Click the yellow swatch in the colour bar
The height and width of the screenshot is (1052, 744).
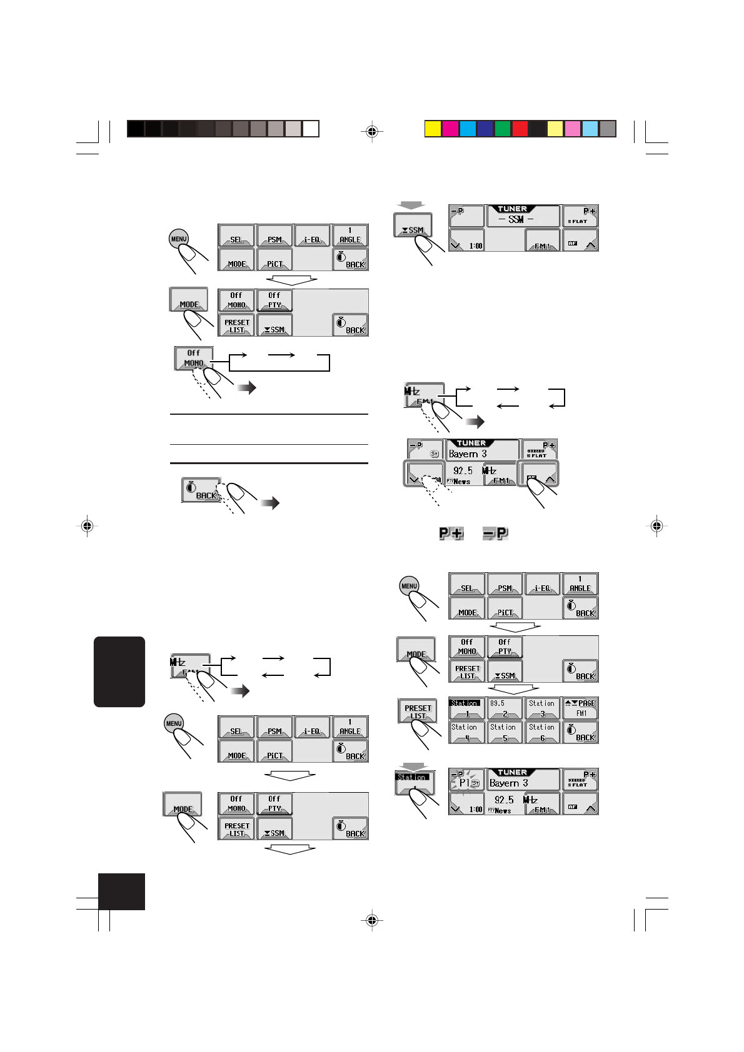coord(433,129)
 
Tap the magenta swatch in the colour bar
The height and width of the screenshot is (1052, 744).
coord(450,129)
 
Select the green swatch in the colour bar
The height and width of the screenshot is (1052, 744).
coord(503,129)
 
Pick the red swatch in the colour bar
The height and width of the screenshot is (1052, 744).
coord(520,129)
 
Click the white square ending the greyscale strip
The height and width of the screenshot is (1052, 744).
coord(311,129)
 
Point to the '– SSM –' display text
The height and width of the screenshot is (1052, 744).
coord(516,219)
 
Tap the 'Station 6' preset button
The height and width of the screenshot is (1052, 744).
coord(542,732)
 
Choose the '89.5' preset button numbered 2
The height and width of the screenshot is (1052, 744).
coord(504,708)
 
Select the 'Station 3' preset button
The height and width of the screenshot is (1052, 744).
coord(542,708)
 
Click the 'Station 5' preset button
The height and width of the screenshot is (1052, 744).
coord(504,732)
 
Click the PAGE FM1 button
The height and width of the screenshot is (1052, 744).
coord(580,708)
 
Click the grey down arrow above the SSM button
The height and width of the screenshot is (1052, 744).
coord(412,205)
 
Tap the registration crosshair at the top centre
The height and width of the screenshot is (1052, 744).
coord(372,131)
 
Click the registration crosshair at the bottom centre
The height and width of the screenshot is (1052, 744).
coord(372,920)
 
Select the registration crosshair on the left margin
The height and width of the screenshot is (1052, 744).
coord(88,526)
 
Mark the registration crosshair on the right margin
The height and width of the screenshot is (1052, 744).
coord(656,526)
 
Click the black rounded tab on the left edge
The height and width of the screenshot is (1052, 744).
coord(119,672)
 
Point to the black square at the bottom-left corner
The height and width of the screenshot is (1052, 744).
coord(121,891)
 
